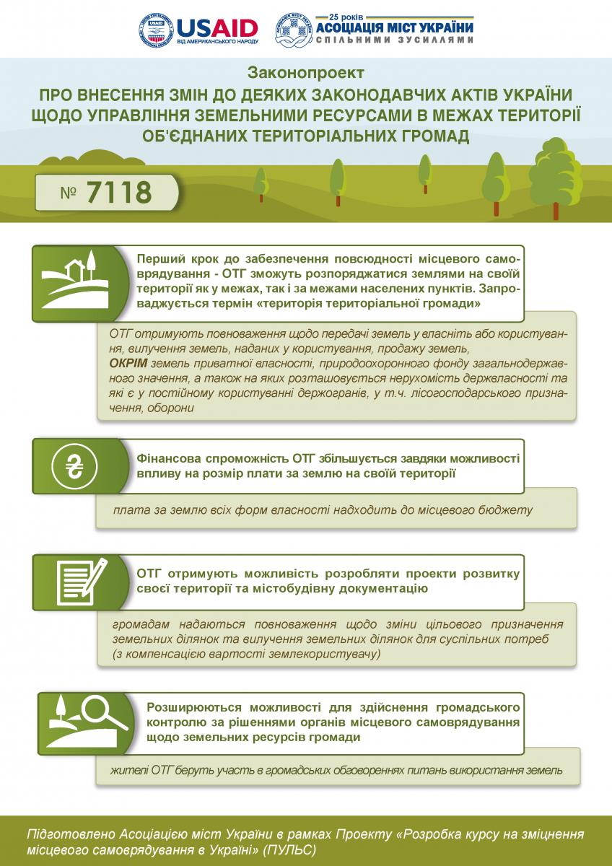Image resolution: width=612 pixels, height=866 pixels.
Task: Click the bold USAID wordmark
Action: tap(216, 27)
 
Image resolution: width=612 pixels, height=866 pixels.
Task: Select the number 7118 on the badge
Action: tap(119, 193)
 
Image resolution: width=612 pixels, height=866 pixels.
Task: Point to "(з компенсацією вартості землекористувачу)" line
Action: tap(245, 654)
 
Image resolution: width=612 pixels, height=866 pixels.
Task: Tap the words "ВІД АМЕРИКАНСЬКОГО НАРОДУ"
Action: tap(217, 42)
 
